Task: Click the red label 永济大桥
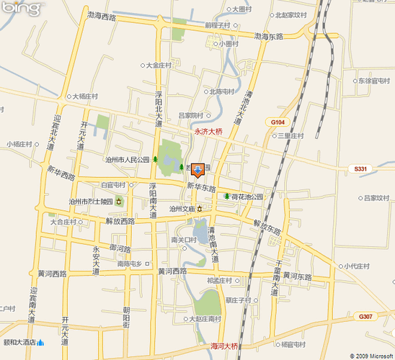point(209,132)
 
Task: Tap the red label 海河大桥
point(224,346)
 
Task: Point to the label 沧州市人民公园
point(127,160)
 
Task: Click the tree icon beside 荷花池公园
point(226,197)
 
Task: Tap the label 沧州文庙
point(182,209)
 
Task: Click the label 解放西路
point(120,221)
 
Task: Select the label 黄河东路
point(296,276)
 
